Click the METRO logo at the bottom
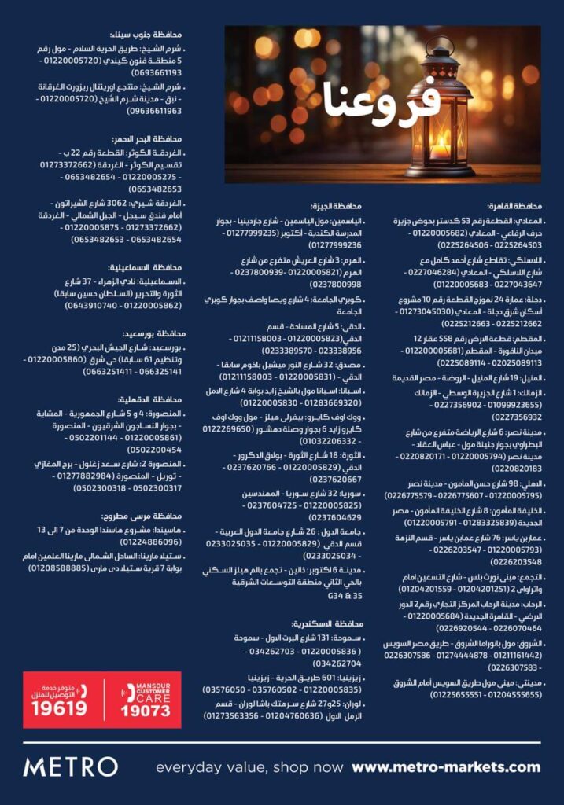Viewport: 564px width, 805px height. [71, 766]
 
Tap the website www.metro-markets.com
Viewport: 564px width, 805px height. [446, 767]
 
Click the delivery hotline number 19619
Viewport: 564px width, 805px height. [59, 709]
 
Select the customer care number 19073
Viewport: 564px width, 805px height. [145, 710]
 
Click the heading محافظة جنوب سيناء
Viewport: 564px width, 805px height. [153, 35]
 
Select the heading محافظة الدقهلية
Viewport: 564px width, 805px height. [154, 399]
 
